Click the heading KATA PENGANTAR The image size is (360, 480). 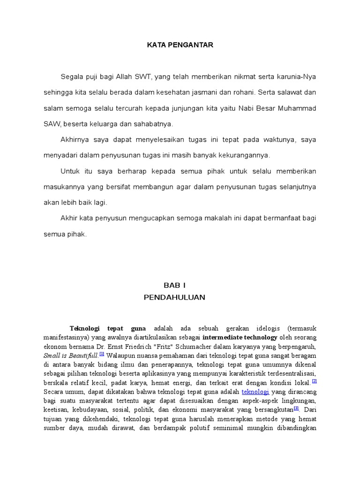pos(180,45)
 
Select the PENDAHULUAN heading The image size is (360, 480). pos(175,297)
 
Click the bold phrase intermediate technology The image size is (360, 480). pos(240,337)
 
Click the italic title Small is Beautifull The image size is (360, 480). pos(71,356)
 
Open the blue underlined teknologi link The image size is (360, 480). pos(255,391)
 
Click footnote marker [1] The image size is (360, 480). pos(102,354)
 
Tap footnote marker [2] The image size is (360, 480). pos(314,381)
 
